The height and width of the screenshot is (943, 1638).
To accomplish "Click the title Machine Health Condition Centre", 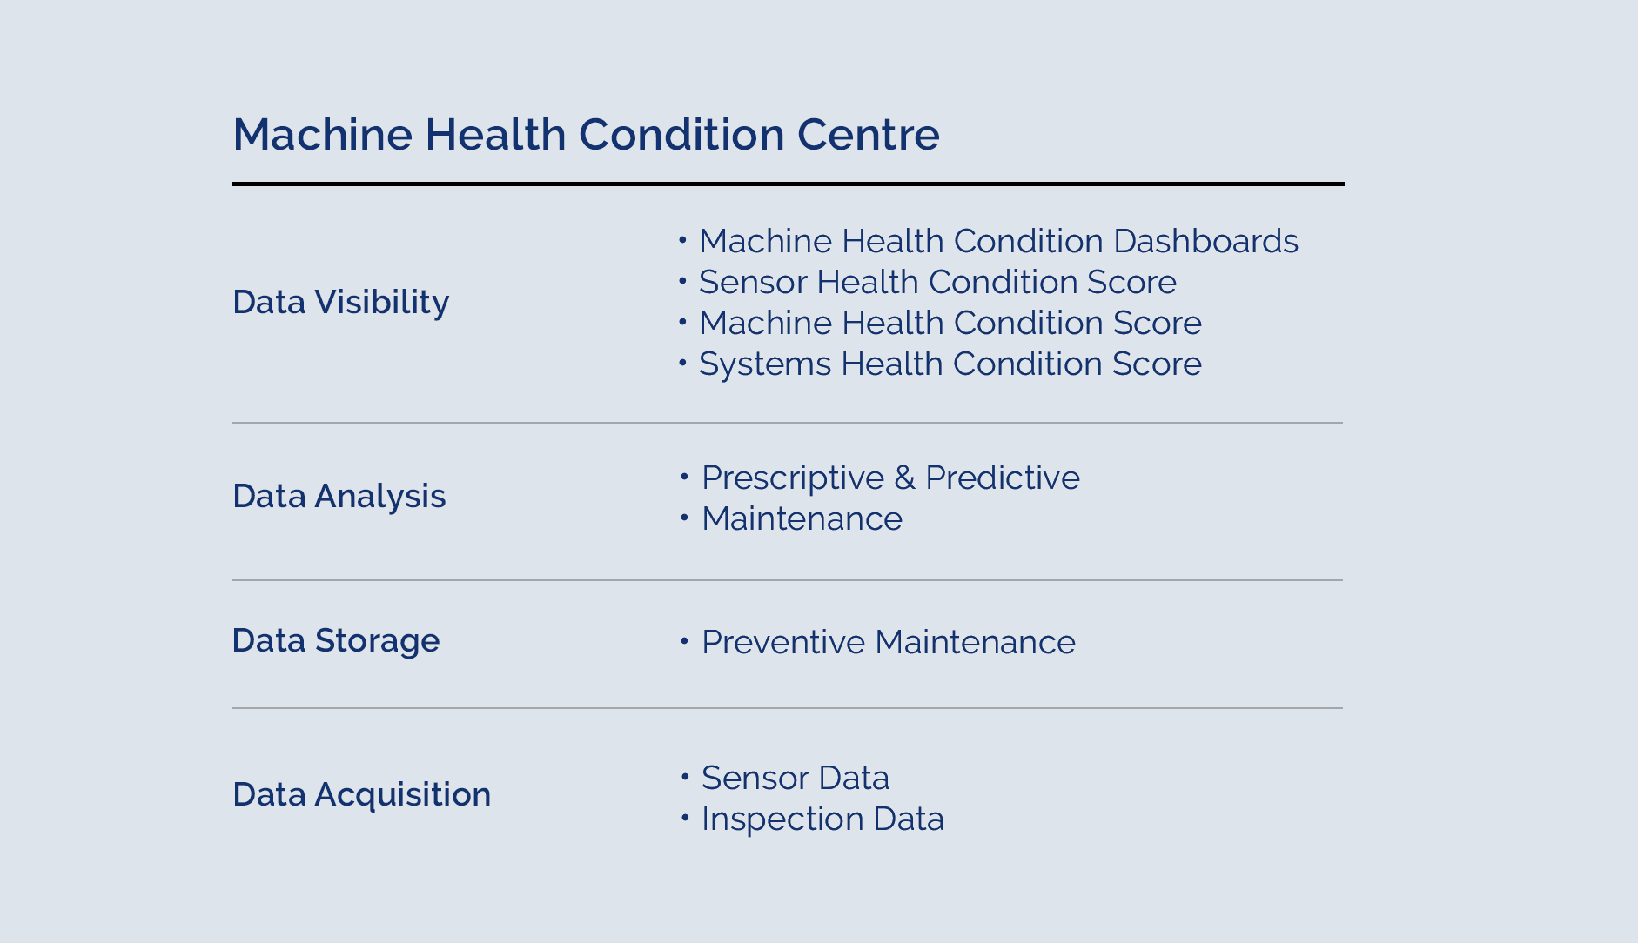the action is pyautogui.click(x=586, y=135).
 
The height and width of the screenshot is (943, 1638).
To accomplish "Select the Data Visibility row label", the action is pyautogui.click(x=340, y=303).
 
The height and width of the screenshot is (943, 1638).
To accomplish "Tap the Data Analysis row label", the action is pyautogui.click(x=339, y=497).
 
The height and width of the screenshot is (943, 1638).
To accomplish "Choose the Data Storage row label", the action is pyautogui.click(x=336, y=641).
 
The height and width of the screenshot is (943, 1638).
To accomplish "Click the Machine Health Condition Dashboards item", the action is pyautogui.click(x=998, y=241).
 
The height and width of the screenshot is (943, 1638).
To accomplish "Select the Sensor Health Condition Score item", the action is pyautogui.click(x=937, y=282).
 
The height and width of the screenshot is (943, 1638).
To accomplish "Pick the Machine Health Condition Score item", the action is pyautogui.click(x=950, y=323).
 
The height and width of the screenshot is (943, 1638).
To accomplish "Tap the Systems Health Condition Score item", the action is pyautogui.click(x=950, y=364).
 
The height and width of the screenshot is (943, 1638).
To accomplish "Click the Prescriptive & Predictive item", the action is pyautogui.click(x=890, y=478).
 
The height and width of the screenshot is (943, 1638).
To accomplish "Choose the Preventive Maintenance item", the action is pyautogui.click(x=889, y=642).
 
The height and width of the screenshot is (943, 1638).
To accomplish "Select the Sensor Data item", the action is pyautogui.click(x=796, y=778).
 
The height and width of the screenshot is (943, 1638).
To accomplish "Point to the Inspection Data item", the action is pyautogui.click(x=822, y=819).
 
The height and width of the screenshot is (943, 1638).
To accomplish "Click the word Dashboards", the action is pyautogui.click(x=1205, y=241).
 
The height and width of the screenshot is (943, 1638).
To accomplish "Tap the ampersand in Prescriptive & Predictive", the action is pyautogui.click(x=904, y=478).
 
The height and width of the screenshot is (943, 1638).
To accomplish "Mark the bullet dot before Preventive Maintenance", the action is pyautogui.click(x=684, y=642).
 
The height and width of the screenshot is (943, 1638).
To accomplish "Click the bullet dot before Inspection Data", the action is pyautogui.click(x=684, y=818).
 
